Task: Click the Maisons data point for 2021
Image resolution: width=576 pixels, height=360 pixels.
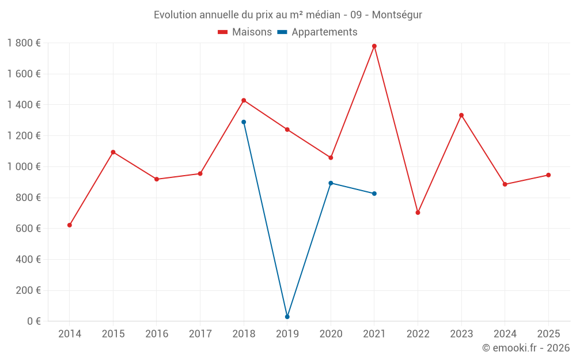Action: tap(374, 46)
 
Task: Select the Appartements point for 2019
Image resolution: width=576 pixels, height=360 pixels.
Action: tap(287, 317)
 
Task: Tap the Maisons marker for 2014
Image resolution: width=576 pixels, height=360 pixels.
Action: tap(70, 225)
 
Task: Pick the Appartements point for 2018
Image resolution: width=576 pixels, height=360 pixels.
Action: tap(244, 122)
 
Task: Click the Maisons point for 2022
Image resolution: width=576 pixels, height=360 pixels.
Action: tap(418, 213)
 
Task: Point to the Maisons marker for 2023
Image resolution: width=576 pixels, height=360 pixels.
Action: tap(461, 115)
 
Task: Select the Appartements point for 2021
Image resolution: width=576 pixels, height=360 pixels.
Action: tap(374, 194)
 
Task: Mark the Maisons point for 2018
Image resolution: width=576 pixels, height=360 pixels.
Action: tap(244, 100)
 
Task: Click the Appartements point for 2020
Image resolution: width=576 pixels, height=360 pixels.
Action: tap(331, 183)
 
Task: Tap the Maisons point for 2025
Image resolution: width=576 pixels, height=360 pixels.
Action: tap(548, 175)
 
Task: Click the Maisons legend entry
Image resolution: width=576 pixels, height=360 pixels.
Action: tap(245, 32)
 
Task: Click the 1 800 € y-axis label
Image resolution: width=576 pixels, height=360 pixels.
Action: tap(24, 43)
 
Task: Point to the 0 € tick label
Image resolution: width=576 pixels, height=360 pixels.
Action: tap(34, 321)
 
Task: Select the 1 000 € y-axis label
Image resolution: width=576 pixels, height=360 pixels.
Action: tap(24, 167)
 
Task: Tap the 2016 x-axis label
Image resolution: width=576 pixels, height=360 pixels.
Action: tap(157, 334)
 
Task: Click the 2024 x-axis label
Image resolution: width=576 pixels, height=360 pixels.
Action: tap(505, 334)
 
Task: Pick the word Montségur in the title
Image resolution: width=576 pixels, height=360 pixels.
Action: tap(397, 15)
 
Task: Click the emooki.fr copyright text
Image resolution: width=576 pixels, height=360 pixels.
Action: tap(526, 348)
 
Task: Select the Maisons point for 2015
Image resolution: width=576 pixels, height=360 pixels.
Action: tap(113, 152)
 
